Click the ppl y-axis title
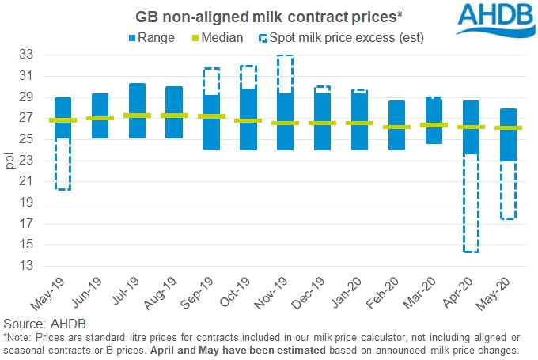click(x=11, y=159)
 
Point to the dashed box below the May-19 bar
click(x=63, y=165)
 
